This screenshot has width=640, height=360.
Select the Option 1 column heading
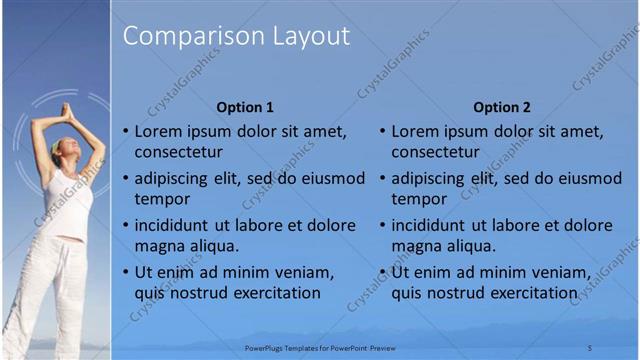click(x=245, y=107)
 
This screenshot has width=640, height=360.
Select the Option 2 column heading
click(x=502, y=107)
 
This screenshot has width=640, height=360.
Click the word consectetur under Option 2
click(x=435, y=152)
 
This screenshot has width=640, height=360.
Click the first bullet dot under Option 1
click(x=125, y=132)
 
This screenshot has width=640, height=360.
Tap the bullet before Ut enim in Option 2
click(x=382, y=272)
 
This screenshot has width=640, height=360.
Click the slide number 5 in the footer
click(x=589, y=347)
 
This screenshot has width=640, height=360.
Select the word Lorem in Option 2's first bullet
click(x=414, y=132)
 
